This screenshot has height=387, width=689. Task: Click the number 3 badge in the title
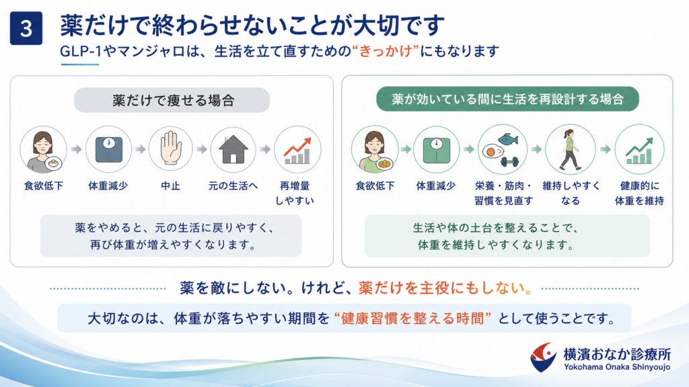click(26, 28)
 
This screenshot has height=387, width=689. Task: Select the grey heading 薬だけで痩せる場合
click(172, 100)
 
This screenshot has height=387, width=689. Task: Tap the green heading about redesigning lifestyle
click(507, 99)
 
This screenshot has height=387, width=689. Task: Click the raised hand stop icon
click(170, 149)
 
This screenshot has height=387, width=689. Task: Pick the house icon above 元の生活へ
click(233, 149)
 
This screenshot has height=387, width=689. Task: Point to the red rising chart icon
click(297, 149)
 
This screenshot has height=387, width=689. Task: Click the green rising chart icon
click(639, 149)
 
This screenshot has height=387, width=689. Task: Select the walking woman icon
click(570, 149)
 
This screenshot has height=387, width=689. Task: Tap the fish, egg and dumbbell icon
click(502, 149)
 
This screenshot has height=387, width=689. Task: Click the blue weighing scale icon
click(108, 149)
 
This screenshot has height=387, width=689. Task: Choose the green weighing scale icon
click(436, 149)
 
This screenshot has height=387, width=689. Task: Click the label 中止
click(170, 186)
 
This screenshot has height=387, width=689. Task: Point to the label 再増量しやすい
click(295, 193)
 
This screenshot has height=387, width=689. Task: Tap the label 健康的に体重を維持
click(639, 193)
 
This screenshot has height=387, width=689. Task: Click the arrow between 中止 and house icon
click(202, 150)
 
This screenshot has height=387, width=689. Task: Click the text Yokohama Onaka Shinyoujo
click(617, 367)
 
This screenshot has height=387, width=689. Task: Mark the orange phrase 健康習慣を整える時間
click(412, 318)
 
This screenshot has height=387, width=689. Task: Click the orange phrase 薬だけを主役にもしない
click(445, 288)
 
